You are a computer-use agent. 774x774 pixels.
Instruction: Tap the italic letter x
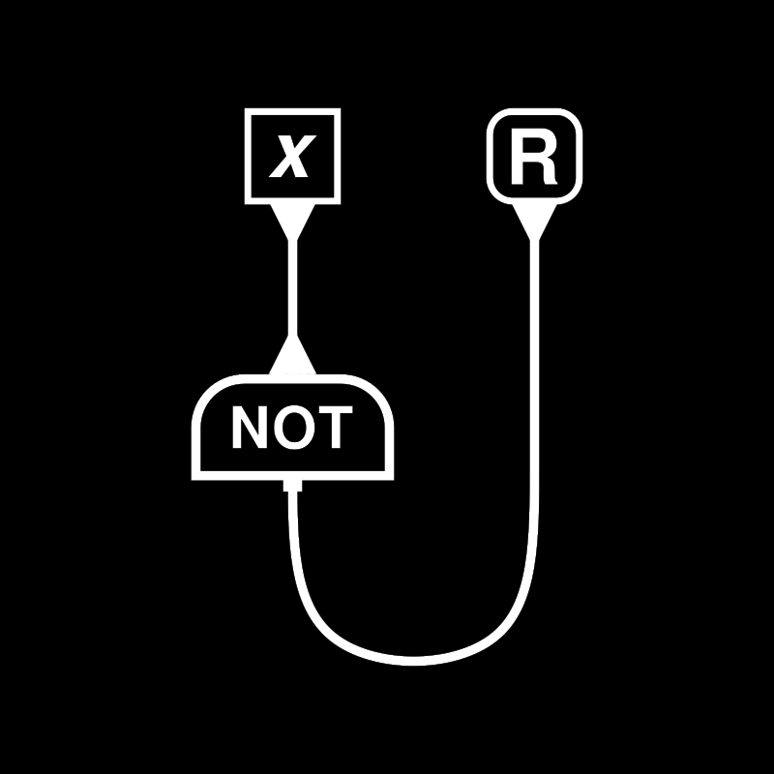pos(291,157)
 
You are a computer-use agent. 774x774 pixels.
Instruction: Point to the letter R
pos(534,160)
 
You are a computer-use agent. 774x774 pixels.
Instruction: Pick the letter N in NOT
pos(247,429)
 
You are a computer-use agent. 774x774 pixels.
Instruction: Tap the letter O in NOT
pos(290,429)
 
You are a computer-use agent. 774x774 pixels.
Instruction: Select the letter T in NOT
pos(332,429)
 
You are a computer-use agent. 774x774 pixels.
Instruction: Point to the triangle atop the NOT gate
pos(292,358)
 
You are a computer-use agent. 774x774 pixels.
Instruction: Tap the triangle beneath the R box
pos(534,219)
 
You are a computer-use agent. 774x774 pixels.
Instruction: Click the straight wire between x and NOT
pos(292,285)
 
